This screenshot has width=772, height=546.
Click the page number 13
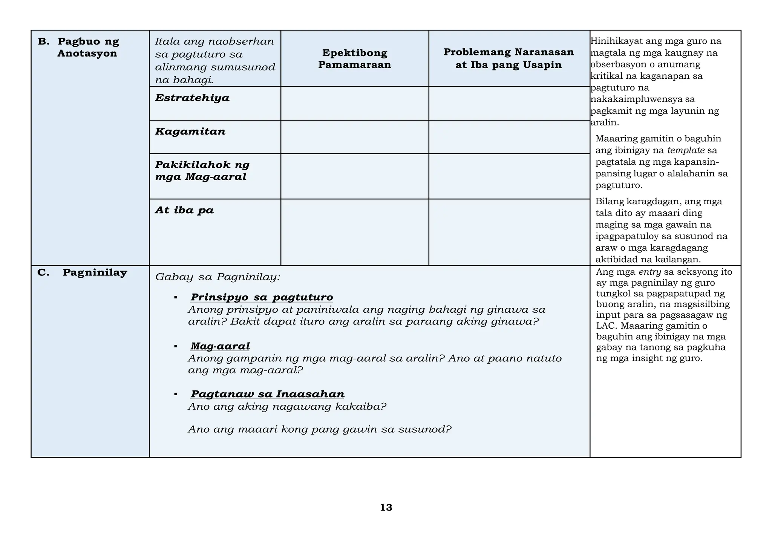(386, 508)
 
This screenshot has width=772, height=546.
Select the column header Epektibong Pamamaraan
(354, 59)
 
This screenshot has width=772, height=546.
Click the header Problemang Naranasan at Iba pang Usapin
(509, 58)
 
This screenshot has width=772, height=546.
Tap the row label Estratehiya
(192, 98)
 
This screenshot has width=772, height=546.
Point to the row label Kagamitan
(190, 132)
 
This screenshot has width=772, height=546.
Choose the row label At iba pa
(184, 210)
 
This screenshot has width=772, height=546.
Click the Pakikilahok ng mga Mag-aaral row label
(202, 171)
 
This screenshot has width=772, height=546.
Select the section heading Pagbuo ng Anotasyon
(87, 47)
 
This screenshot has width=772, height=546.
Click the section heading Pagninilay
(95, 272)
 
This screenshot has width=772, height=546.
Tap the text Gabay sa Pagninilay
(218, 277)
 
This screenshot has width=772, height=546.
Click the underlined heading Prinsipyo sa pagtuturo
(262, 297)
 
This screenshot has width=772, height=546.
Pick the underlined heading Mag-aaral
(220, 346)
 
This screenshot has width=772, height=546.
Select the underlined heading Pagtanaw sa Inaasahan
(267, 394)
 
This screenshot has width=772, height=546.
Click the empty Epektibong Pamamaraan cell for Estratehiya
(354, 104)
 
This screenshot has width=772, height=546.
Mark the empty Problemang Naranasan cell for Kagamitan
(509, 137)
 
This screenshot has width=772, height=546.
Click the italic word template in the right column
(686, 150)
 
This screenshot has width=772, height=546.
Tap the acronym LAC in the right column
(604, 326)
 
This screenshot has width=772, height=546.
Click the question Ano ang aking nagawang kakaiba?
(287, 407)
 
